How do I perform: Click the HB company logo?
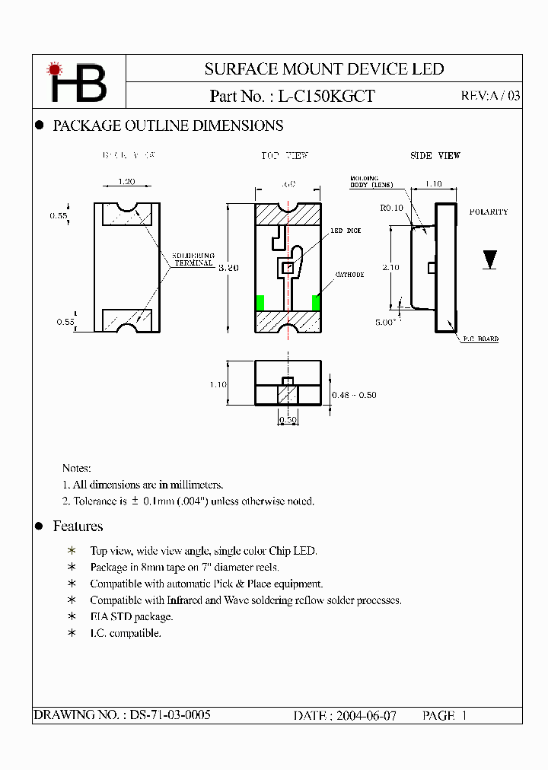(x=78, y=81)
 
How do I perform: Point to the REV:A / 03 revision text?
(x=491, y=97)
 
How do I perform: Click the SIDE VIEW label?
(x=435, y=156)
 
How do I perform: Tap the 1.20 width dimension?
(x=127, y=182)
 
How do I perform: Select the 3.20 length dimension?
(x=228, y=268)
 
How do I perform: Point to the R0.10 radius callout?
(x=392, y=207)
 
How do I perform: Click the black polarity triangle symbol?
(x=490, y=259)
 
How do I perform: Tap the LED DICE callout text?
(x=346, y=231)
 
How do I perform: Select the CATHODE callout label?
(x=349, y=275)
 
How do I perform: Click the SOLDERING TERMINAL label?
(x=193, y=259)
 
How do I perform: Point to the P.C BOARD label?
(x=480, y=339)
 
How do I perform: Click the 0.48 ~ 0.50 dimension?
(x=354, y=395)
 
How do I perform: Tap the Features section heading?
(x=78, y=527)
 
